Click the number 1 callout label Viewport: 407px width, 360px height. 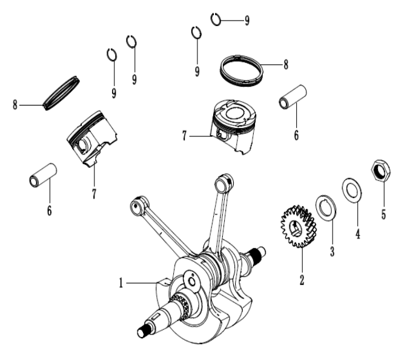122,282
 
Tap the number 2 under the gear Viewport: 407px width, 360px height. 301,280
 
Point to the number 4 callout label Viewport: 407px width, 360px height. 358,233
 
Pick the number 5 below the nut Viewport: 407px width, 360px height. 383,215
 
